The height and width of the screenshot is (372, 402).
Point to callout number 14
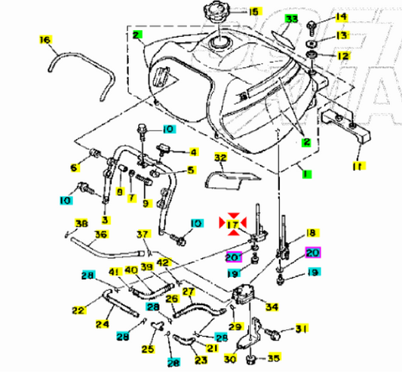tap(341, 17)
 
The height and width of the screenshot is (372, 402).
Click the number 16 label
tap(44, 38)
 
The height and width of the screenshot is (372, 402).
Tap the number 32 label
tap(220, 158)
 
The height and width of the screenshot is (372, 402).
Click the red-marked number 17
tap(232, 224)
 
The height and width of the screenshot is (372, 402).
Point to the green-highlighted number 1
tap(305, 175)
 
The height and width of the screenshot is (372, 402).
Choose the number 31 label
tap(301, 328)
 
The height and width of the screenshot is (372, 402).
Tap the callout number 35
tap(275, 359)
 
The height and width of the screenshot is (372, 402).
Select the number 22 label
tap(77, 309)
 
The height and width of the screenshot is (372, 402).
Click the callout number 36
tap(100, 235)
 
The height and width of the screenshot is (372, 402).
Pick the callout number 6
tap(74, 167)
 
